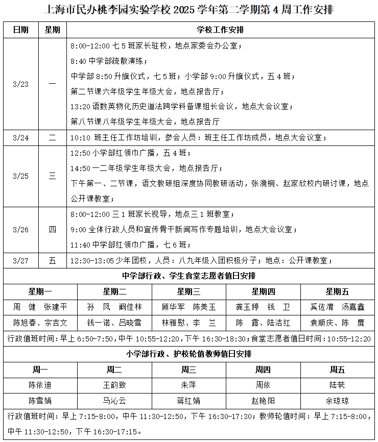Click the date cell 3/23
pos(20,84)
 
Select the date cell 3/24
pos(20,138)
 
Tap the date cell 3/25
pos(20,176)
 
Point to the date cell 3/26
pos(20,230)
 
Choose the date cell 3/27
pos(20,260)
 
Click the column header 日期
pos(20,30)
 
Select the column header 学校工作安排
pos(220,30)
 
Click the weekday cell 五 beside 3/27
pos(53,260)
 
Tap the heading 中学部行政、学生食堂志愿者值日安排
pos(188,276)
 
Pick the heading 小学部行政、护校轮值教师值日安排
pos(188,354)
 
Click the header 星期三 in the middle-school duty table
pos(188,291)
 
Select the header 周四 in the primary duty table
pos(263,370)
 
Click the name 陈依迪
pos(40,385)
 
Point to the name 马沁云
pos(114,401)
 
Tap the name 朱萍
pos(188,385)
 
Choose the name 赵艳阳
pos(263,401)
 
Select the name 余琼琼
pos(337,401)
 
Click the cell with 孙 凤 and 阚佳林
pos(114,307)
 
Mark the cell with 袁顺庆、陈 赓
pos(337,323)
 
